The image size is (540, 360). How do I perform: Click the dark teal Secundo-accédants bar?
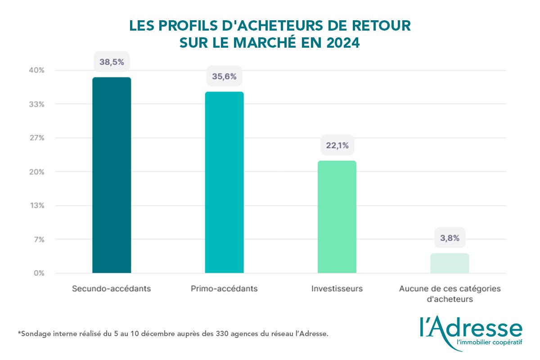coord(112,175)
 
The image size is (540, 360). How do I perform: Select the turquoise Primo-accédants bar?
coord(224,182)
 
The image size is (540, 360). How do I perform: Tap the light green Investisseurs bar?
coord(337,216)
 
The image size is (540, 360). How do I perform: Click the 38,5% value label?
coord(112,62)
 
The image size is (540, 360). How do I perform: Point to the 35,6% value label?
coord(224,76)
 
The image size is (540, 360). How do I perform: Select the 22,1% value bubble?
coord(337,145)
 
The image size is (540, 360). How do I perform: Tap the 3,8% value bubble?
coord(450,238)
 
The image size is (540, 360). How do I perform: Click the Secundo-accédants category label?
coord(111,288)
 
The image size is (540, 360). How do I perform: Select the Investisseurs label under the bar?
coord(337,288)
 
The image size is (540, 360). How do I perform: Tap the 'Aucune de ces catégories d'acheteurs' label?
coord(450,293)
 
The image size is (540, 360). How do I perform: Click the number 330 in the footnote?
coord(207,334)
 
